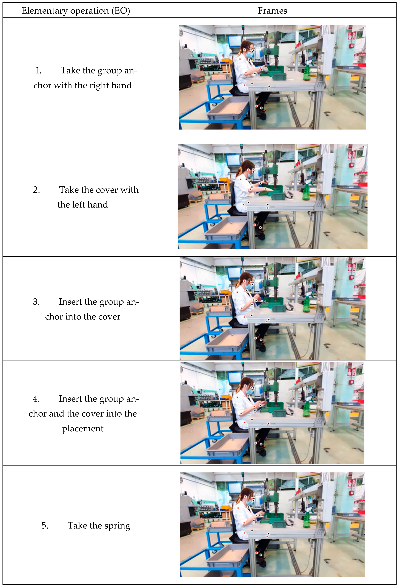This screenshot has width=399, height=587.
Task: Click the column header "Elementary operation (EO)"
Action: tap(76, 11)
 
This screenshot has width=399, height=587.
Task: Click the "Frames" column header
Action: tap(272, 11)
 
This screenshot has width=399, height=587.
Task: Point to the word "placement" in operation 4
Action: tap(83, 428)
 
